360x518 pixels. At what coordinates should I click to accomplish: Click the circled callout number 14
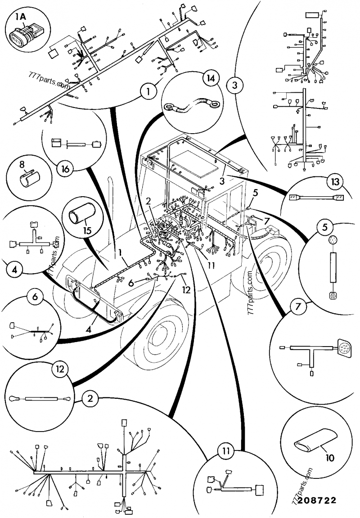(208, 78)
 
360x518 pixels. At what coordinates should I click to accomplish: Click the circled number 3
(234, 84)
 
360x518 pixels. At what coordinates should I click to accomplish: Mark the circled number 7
(296, 307)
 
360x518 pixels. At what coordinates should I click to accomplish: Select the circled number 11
(226, 450)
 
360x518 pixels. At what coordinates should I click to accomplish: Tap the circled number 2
(90, 398)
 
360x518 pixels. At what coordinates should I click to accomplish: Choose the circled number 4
(15, 270)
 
